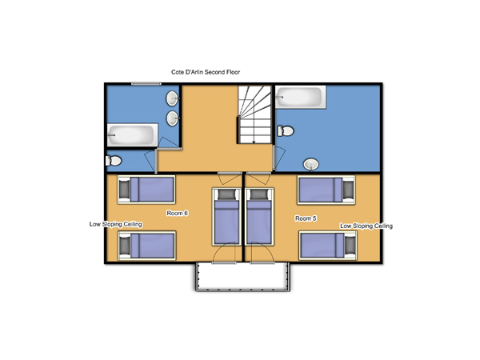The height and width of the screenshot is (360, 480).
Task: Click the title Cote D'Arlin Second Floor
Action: tap(206, 72)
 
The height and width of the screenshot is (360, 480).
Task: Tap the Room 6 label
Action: tap(178, 213)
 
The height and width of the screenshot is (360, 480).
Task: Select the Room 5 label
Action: tap(306, 218)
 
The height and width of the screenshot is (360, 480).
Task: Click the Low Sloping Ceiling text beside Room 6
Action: tap(116, 224)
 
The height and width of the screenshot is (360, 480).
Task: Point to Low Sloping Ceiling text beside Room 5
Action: tap(366, 226)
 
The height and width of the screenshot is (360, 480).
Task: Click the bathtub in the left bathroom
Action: tap(132, 135)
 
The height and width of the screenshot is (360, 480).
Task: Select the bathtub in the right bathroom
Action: tap(300, 97)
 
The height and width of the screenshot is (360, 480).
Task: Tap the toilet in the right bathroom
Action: tap(286, 131)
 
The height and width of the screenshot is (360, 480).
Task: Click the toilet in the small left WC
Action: tap(114, 161)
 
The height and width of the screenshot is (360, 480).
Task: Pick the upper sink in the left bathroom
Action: tap(172, 98)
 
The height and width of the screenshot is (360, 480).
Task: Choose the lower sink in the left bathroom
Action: tap(173, 118)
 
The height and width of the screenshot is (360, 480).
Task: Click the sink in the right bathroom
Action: tap(311, 164)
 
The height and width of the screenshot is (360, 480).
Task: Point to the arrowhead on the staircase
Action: tap(254, 142)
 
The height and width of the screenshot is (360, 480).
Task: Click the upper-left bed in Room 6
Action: tap(146, 190)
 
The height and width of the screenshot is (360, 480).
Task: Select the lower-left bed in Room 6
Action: tap(146, 246)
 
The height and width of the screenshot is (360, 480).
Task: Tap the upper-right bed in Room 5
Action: tap(326, 190)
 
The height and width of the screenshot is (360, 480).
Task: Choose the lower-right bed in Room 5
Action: tap(328, 246)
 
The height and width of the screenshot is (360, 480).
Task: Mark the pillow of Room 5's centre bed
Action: tap(259, 194)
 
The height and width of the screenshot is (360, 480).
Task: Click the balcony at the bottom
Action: tap(242, 277)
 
